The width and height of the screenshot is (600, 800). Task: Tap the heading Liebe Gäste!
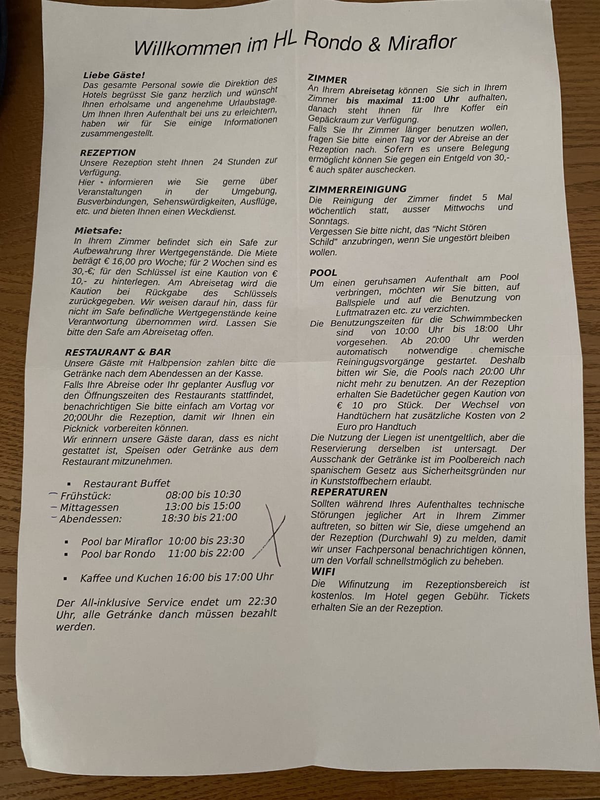(x=114, y=75)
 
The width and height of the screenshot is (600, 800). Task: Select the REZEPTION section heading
(x=108, y=152)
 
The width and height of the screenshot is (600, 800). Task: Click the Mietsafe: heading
(x=98, y=231)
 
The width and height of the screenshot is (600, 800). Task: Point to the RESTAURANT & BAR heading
(x=118, y=352)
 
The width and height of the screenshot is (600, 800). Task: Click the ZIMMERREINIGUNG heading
(x=358, y=189)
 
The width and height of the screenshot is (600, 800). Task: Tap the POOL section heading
(x=323, y=273)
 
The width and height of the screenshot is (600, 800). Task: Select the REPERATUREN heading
(x=349, y=492)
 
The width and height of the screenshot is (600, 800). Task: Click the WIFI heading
(x=323, y=571)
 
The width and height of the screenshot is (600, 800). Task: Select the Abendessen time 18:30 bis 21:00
(x=200, y=518)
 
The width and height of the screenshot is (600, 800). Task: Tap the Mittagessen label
(x=89, y=507)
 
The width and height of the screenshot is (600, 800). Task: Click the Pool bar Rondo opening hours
(x=206, y=553)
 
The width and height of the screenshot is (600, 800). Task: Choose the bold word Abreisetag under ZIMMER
(x=371, y=91)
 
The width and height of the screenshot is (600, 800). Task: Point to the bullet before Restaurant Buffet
(x=69, y=484)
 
